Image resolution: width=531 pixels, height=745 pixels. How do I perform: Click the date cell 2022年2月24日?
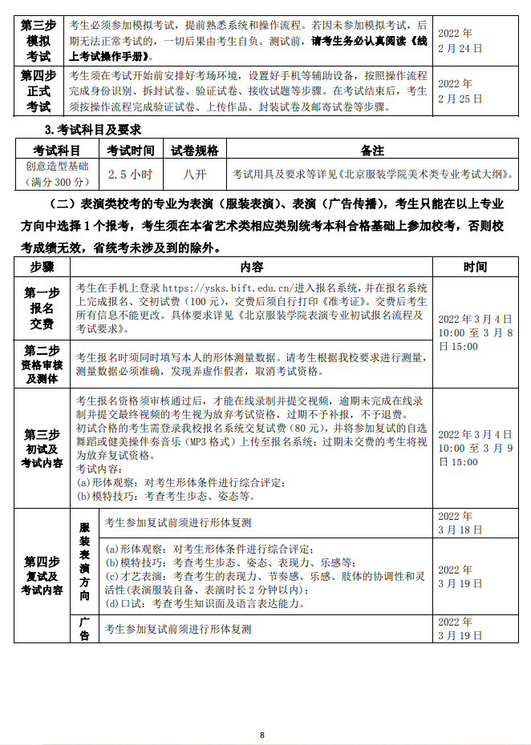(x=460, y=41)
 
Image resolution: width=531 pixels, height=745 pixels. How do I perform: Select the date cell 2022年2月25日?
(x=460, y=91)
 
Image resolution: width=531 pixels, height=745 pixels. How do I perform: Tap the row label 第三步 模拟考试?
(x=39, y=41)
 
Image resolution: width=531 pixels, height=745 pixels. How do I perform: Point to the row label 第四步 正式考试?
(x=39, y=91)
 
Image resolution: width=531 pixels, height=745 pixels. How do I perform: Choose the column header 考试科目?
(x=56, y=150)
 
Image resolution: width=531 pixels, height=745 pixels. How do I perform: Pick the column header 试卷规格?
(x=194, y=150)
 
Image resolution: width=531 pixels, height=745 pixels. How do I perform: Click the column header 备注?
(x=372, y=150)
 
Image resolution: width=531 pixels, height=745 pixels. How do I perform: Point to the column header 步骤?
(x=42, y=267)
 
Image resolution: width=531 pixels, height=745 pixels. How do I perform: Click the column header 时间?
(x=474, y=267)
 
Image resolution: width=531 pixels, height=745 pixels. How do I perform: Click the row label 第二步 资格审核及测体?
(x=42, y=364)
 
